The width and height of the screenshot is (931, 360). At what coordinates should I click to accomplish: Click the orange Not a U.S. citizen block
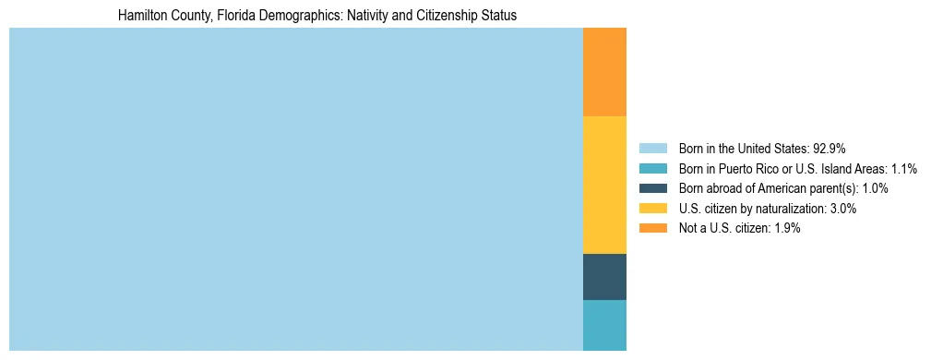click(x=604, y=72)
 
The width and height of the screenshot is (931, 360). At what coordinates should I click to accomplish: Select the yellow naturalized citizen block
click(x=604, y=185)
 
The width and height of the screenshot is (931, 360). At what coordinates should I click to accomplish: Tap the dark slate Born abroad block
click(x=604, y=277)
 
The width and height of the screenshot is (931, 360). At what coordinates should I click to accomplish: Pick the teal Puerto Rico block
click(x=604, y=325)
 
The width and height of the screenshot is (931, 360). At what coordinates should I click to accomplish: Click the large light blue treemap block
click(x=295, y=189)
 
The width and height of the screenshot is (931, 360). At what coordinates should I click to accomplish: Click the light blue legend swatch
click(x=652, y=149)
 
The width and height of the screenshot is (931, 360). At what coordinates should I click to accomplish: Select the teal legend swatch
click(x=652, y=169)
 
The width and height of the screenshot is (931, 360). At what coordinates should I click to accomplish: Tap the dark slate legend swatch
click(x=652, y=188)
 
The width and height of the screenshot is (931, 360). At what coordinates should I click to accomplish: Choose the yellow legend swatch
click(x=652, y=209)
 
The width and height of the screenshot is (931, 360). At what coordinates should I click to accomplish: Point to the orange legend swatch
click(x=652, y=229)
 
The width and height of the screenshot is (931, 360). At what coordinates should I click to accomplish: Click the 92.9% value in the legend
click(x=829, y=149)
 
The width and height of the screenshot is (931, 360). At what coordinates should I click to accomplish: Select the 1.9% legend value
click(x=783, y=229)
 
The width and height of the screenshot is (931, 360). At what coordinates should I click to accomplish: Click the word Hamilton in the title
click(x=143, y=16)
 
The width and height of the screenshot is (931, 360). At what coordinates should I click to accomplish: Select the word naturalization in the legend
click(x=782, y=209)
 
